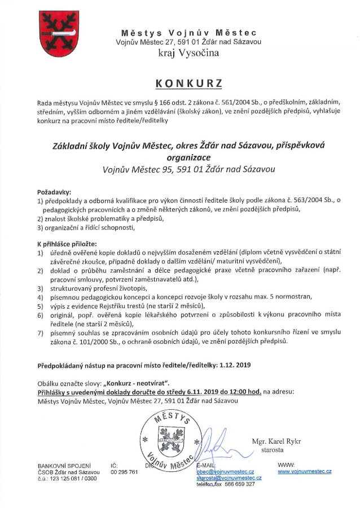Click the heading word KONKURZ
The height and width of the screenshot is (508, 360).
[188, 83]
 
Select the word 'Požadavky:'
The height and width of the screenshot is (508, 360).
[54, 191]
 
